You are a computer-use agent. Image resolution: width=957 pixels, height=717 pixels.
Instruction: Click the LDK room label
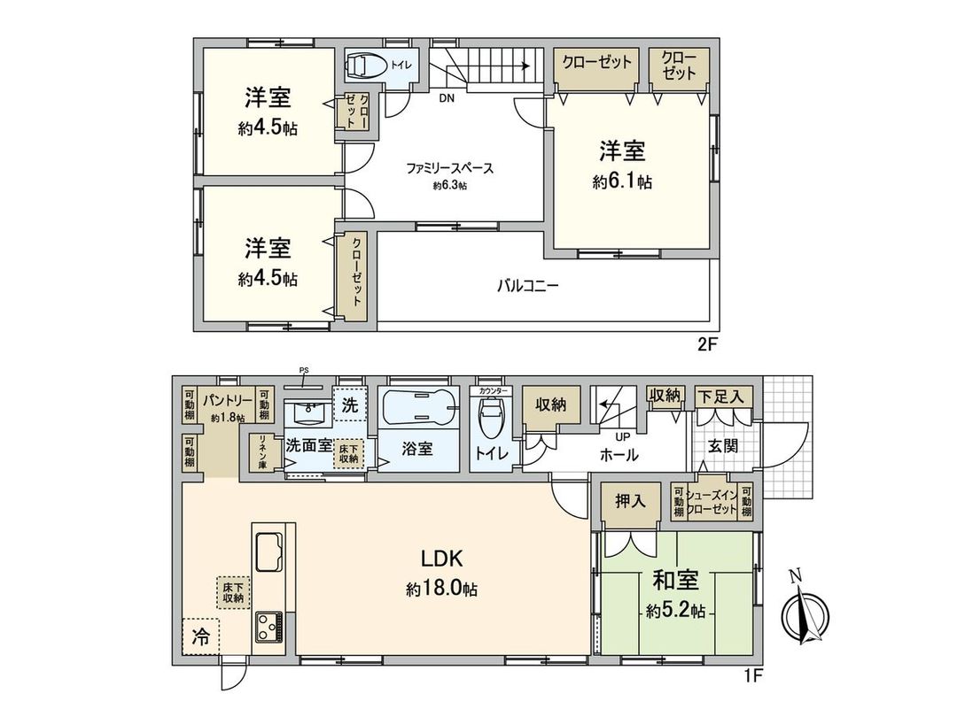pyautogui.click(x=441, y=559)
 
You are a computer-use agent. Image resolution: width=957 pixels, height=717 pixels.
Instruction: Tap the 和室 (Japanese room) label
pyautogui.click(x=676, y=581)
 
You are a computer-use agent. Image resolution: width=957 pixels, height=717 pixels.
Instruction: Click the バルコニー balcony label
pyautogui.click(x=526, y=286)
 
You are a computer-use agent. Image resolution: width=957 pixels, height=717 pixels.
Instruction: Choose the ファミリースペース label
pyautogui.click(x=449, y=168)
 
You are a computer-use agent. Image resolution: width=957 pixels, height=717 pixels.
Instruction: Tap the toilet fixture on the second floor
pyautogui.click(x=366, y=66)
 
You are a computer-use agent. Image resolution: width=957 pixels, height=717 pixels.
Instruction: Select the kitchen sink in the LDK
pyautogui.click(x=269, y=551)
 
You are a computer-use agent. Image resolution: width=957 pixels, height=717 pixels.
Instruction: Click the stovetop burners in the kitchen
pyautogui.click(x=268, y=628)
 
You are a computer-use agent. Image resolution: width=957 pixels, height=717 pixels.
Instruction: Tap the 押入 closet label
pyautogui.click(x=630, y=501)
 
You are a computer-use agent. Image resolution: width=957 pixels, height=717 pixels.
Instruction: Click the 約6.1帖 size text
pyautogui.click(x=623, y=182)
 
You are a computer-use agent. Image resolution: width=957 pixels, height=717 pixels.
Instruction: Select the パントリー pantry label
pyautogui.click(x=226, y=400)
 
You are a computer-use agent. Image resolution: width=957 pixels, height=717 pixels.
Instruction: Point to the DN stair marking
pyautogui.click(x=446, y=99)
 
